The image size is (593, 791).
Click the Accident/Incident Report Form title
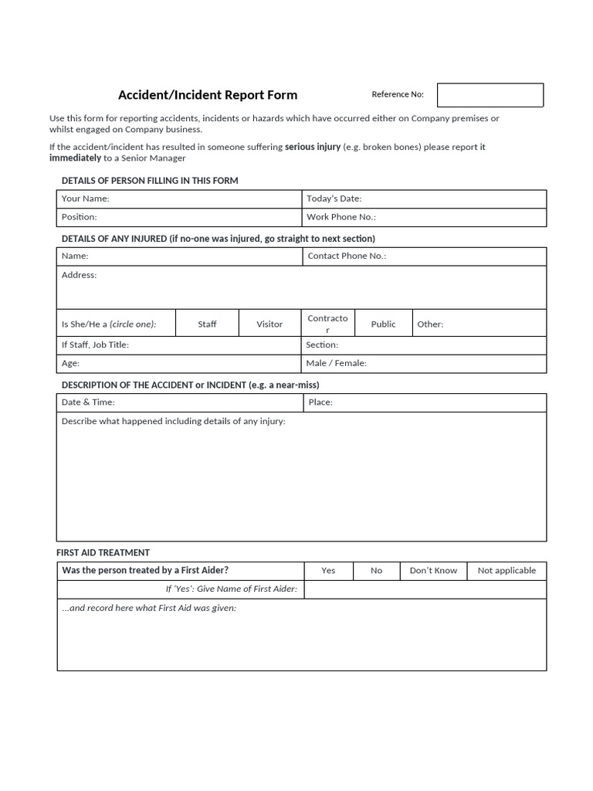pyautogui.click(x=207, y=95)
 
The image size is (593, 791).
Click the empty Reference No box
pyautogui.click(x=490, y=95)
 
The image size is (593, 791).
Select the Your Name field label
pyautogui.click(x=85, y=199)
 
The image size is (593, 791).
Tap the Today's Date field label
pyautogui.click(x=334, y=199)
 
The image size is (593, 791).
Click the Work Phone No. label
pyautogui.click(x=341, y=217)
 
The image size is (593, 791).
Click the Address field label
pyautogui.click(x=79, y=275)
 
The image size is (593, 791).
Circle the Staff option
pyautogui.click(x=207, y=324)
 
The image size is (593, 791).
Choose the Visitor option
pyautogui.click(x=269, y=324)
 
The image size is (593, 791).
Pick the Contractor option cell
pyautogui.click(x=327, y=324)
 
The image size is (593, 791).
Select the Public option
pyautogui.click(x=383, y=324)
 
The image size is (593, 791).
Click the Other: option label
pyautogui.click(x=430, y=324)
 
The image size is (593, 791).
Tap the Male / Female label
pyautogui.click(x=336, y=363)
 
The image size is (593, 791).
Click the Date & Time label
pyautogui.click(x=88, y=402)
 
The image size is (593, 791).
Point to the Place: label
pyautogui.click(x=320, y=402)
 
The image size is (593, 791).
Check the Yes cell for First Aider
pyautogui.click(x=328, y=571)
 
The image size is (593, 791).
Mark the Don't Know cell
pyautogui.click(x=433, y=571)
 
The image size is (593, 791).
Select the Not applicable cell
pyautogui.click(x=507, y=571)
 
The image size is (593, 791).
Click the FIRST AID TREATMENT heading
pyautogui.click(x=103, y=553)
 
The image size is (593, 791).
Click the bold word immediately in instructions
pyautogui.click(x=75, y=158)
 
